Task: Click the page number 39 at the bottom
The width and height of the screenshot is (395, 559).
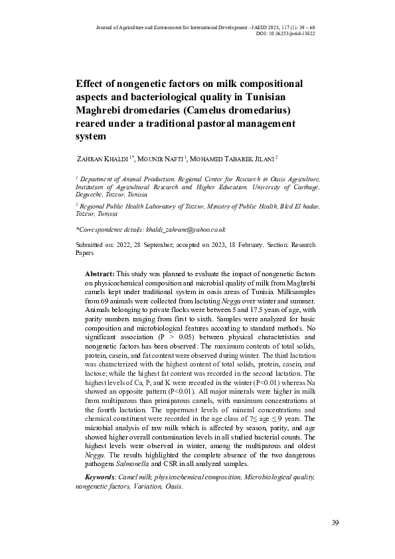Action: pos(335,523)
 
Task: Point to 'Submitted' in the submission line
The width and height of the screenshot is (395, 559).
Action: pos(92,245)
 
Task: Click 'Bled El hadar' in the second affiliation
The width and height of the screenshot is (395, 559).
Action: pos(297,207)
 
